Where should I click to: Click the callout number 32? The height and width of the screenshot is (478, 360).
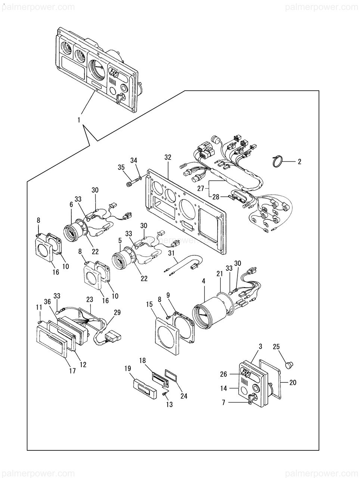(168, 158)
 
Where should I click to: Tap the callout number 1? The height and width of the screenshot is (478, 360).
(79, 120)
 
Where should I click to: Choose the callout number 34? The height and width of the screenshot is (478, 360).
(134, 161)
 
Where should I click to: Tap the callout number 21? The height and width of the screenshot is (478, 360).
(220, 274)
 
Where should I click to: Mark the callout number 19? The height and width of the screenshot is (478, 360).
(128, 369)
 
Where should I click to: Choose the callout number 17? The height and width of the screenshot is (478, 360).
(72, 371)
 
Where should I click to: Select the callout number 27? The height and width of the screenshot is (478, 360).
(201, 188)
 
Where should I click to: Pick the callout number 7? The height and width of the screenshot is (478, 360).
(223, 403)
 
